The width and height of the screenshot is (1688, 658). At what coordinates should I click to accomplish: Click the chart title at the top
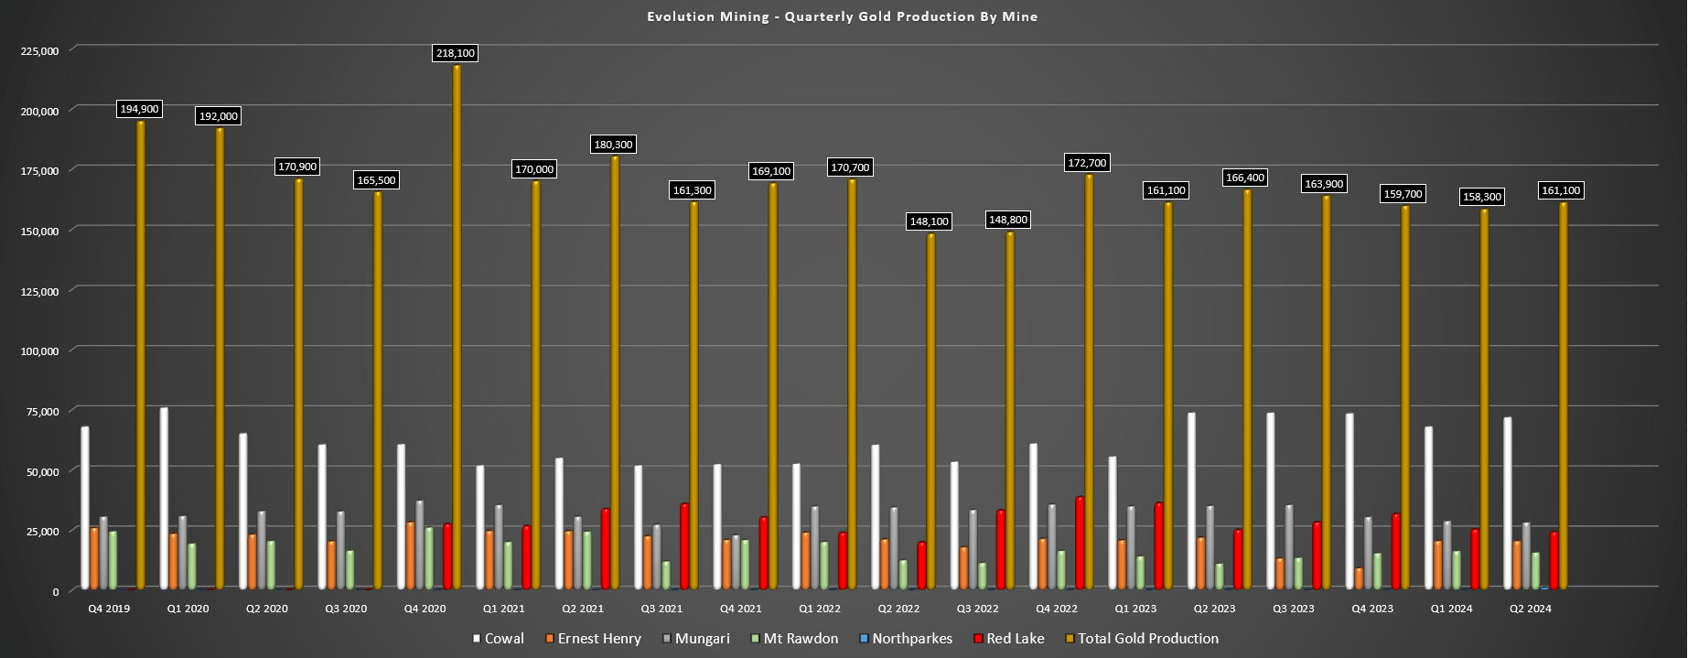[x=842, y=16]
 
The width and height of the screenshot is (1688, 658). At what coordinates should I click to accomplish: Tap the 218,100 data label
[x=456, y=53]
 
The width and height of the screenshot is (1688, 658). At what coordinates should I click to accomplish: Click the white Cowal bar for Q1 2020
[x=164, y=499]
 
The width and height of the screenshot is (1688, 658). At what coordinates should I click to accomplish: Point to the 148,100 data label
[x=930, y=221]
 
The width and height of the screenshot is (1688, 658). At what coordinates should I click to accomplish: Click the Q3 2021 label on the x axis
[x=661, y=609]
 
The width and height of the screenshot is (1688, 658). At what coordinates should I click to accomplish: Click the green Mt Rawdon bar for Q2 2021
[x=587, y=560]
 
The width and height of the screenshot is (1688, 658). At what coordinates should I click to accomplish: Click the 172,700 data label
[x=1087, y=163]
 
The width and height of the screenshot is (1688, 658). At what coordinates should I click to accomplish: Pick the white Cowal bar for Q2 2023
[x=1192, y=501]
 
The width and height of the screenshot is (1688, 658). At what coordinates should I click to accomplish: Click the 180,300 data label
[x=613, y=145]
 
